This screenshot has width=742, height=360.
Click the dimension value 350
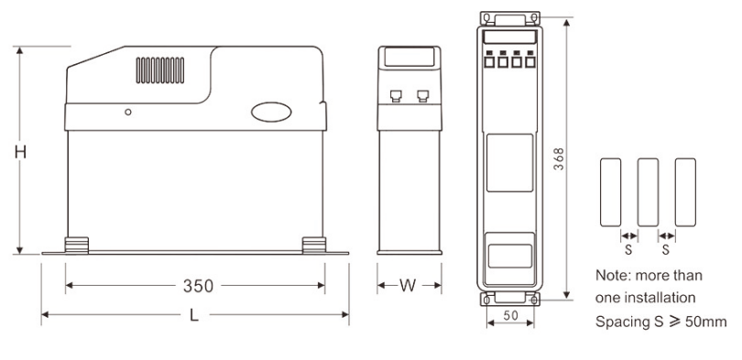pos(198,286)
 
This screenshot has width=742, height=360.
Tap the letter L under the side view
pos(194,315)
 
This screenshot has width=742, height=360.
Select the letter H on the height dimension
pos(20,152)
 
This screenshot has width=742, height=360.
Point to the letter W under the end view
pos(408,285)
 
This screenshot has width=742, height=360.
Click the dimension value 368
pos(560,159)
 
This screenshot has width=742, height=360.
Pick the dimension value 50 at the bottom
pos(510,316)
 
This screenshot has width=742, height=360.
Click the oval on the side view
pos(271,112)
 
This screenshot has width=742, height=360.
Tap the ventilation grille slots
pos(160,71)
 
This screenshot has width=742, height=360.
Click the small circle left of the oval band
pos(127,112)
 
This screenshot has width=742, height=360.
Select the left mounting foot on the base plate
pos(77,245)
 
